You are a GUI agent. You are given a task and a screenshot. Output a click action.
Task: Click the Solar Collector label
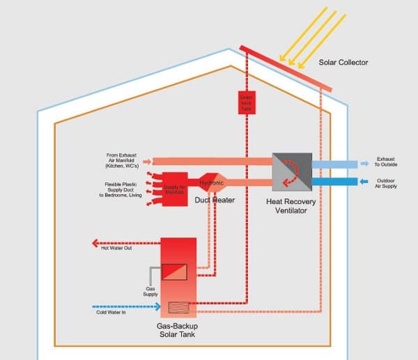click(343, 63)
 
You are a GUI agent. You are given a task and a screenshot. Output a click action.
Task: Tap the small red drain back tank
click(247, 102)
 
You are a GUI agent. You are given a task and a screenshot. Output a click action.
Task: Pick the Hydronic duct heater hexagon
click(212, 183)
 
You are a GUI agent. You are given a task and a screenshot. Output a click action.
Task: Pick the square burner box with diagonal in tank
click(174, 271)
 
